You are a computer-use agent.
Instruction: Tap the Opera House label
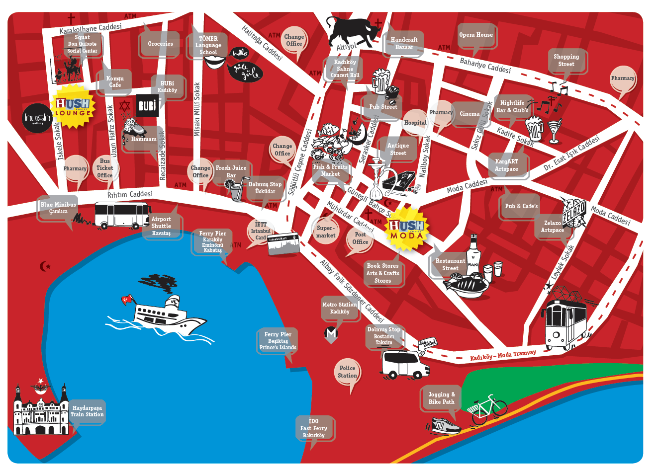pyautogui.click(x=476, y=35)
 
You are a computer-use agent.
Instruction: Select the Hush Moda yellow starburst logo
pyautogui.click(x=407, y=229)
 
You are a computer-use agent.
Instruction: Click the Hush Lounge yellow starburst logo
pyautogui.click(x=73, y=107)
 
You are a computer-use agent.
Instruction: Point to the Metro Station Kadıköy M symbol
pyautogui.click(x=331, y=333)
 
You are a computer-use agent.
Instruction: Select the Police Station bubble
pyautogui.click(x=347, y=372)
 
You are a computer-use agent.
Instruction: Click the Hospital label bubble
pyautogui.click(x=415, y=123)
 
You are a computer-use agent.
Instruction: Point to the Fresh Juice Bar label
pyautogui.click(x=231, y=171)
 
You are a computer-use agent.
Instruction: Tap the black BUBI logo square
pyautogui.click(x=147, y=105)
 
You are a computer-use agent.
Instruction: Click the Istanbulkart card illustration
pyautogui.click(x=282, y=244)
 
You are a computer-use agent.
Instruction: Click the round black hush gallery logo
pyautogui.click(x=37, y=118)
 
